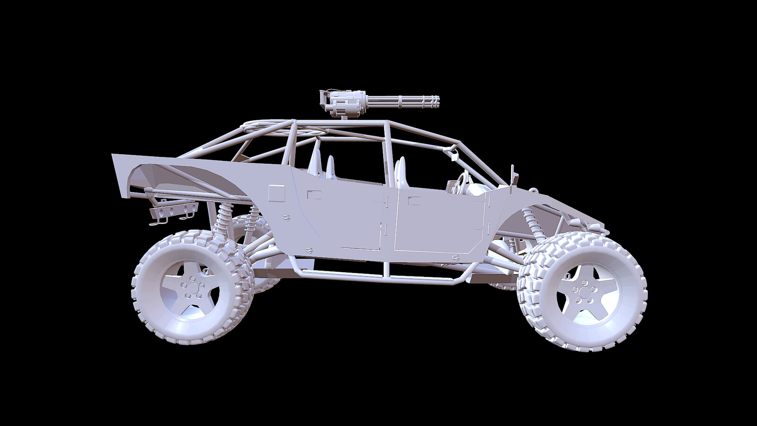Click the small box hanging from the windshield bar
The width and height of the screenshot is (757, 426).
(454, 153)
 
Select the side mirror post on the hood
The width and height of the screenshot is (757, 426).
(512, 176)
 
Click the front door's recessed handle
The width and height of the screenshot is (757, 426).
(414, 201)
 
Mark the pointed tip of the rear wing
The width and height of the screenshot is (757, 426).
(114, 155)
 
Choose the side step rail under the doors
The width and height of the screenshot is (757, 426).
(378, 275)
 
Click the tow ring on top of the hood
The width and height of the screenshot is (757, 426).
(534, 191)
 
